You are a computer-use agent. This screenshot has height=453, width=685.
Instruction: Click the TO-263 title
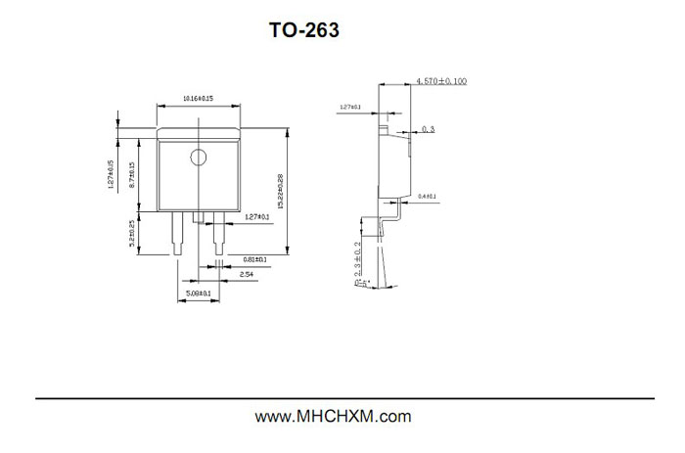304,31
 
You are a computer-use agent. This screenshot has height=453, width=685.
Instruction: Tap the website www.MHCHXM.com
333,417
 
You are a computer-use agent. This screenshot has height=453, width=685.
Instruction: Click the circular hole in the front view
199,156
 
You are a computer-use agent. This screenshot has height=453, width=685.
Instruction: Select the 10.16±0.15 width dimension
199,99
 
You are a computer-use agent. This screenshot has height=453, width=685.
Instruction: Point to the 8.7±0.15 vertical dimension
132,175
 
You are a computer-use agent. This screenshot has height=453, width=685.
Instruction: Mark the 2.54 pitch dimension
249,276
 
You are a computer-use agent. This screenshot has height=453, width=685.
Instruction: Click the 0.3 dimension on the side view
429,128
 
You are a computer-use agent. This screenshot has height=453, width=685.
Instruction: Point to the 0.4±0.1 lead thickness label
428,198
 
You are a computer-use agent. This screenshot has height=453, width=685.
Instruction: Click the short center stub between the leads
198,216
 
